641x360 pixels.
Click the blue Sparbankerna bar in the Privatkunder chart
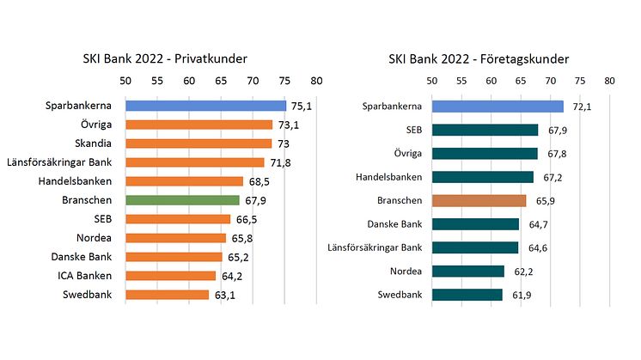(205, 106)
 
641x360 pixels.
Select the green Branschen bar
(182, 200)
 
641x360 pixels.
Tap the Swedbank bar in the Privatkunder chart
(167, 295)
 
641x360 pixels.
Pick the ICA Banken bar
(170, 276)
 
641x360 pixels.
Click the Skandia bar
(198, 143)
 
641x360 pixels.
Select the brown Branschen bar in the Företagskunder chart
(479, 200)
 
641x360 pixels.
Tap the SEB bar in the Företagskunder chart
(485, 130)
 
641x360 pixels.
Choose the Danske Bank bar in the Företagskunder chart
(475, 224)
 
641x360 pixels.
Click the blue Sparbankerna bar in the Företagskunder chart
(497, 107)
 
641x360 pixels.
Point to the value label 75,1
(301, 107)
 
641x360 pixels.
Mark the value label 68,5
(260, 182)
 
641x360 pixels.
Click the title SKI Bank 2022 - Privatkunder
(173, 59)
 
